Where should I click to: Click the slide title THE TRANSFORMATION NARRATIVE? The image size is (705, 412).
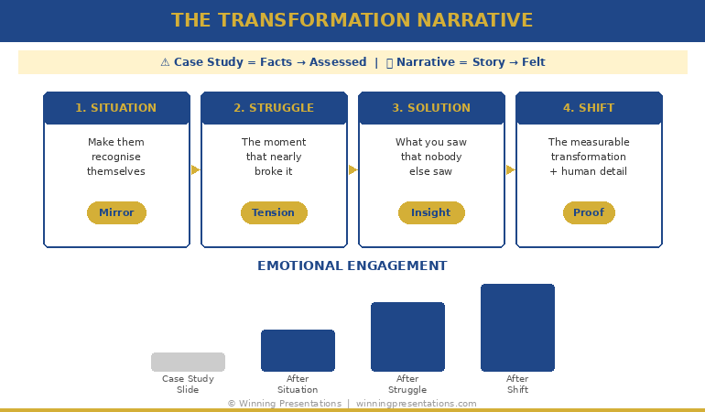pos(352,20)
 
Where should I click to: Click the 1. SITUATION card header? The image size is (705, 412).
pos(116,108)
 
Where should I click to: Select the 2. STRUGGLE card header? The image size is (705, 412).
pos(274,108)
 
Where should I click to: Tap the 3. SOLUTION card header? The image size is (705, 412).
pos(431,108)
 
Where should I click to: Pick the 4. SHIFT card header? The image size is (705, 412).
pos(589,108)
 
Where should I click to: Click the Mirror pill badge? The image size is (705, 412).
pos(116,212)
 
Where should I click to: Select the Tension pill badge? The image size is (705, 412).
pos(274,212)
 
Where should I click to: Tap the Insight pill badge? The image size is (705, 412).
pos(431,212)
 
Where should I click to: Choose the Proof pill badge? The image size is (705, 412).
pos(589,212)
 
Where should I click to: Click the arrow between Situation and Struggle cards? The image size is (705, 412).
pos(195,169)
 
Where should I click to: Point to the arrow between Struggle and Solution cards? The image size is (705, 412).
pos(352,169)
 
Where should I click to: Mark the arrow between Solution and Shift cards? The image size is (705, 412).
pos(510,169)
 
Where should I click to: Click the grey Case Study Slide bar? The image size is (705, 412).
pos(188,362)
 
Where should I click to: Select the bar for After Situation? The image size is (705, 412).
pos(298,351)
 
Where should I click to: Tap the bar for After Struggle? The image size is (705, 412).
pos(407,337)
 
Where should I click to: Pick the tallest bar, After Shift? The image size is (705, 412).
pos(517,328)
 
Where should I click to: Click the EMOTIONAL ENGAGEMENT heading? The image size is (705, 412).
pos(352,266)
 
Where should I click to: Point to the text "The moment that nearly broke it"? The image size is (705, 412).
pos(274,157)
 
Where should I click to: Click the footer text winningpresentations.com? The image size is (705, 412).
pos(416,404)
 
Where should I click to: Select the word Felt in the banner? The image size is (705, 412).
pos(534,62)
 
